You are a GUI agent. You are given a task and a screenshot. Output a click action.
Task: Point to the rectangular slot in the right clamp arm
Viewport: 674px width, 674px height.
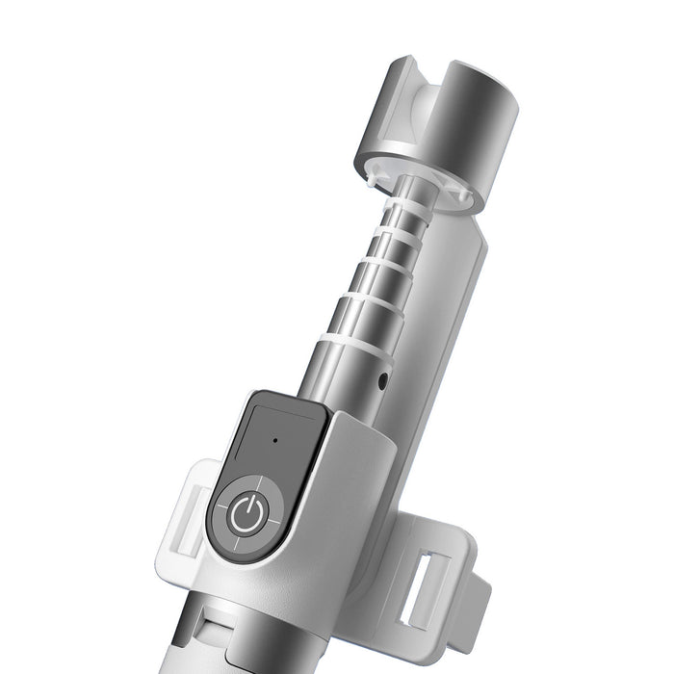point(421,590)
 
